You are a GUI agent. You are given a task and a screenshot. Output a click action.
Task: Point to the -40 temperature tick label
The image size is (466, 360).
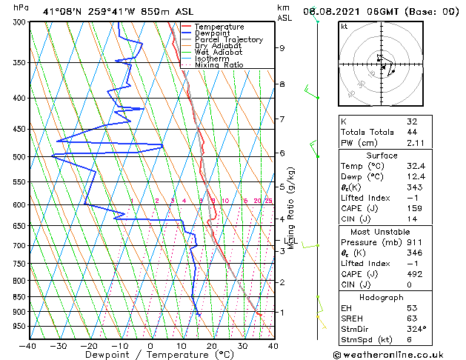28,345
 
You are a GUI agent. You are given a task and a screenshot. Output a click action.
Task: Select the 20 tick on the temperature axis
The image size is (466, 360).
212,345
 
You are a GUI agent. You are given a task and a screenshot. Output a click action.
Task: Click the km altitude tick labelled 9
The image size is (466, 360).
282,48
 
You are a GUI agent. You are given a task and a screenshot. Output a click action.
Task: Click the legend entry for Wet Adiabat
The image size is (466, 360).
216,53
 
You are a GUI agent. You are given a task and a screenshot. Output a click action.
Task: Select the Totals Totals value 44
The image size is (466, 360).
412,132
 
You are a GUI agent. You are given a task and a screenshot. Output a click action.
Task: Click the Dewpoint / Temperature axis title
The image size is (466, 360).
150,355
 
